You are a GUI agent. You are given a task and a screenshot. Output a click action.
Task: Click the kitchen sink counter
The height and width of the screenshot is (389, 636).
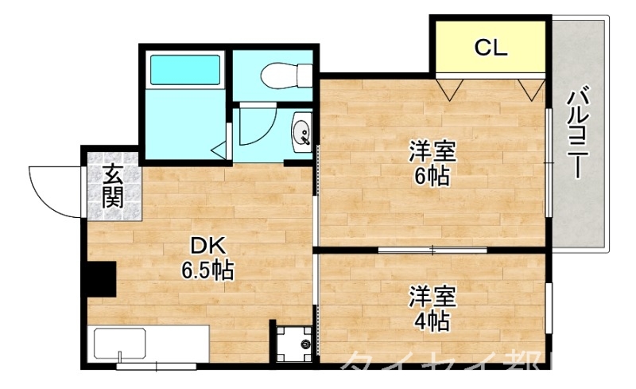pyautogui.click(x=151, y=344)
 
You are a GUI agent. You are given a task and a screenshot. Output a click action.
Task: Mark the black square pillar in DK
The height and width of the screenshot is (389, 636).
pyautogui.click(x=101, y=278)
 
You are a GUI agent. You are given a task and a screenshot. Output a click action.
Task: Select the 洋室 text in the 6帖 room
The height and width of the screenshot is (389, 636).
pyautogui.click(x=433, y=150)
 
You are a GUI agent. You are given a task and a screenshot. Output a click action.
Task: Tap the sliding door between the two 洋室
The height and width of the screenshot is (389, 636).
pyautogui.click(x=433, y=251)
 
